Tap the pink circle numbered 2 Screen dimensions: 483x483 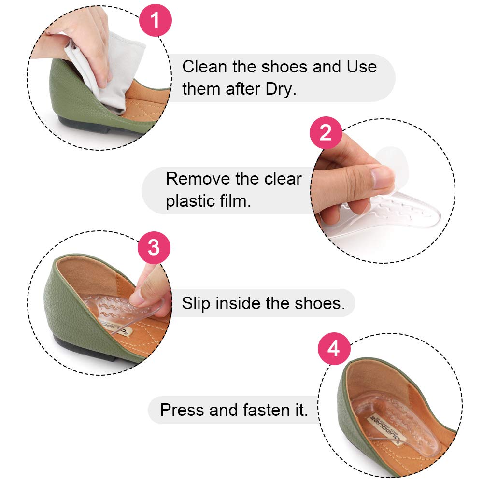(326, 132)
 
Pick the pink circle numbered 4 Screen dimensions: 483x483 (333, 349)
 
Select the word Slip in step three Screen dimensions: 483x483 (196, 303)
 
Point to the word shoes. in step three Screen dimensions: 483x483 (320, 303)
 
